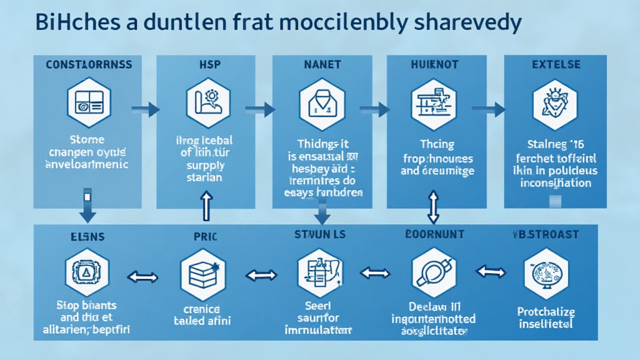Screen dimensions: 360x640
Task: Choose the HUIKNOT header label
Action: (x=436, y=65)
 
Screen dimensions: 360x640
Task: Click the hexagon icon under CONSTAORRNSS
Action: (x=88, y=102)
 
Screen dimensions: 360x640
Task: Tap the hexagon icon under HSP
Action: (x=208, y=102)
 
